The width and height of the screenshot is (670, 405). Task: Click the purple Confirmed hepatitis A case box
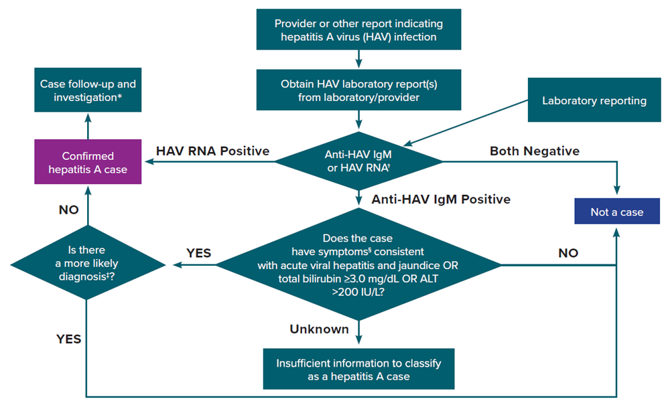tap(88, 161)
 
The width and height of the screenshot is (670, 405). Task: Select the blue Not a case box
tap(616, 212)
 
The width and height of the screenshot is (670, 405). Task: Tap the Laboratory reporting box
tap(594, 101)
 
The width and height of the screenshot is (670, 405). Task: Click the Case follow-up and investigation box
tap(88, 92)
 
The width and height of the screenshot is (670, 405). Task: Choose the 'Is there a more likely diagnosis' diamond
tap(87, 265)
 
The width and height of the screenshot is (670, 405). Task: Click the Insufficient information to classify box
tap(358, 370)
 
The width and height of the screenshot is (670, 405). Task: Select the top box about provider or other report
tap(358, 30)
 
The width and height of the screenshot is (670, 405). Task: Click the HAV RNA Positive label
tap(212, 151)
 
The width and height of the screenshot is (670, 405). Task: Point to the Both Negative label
tap(535, 151)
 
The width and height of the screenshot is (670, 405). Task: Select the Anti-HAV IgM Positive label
tap(440, 199)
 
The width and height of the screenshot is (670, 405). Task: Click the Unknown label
tap(319, 329)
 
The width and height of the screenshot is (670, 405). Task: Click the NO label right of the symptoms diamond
tap(567, 253)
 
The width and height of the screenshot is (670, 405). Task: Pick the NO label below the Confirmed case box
tap(68, 210)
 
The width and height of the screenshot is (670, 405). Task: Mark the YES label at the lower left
tap(68, 339)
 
